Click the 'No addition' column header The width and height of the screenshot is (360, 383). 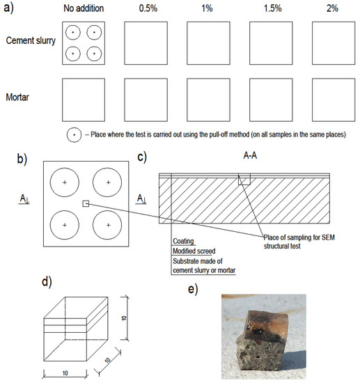point(84,8)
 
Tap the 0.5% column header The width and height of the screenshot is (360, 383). point(148,8)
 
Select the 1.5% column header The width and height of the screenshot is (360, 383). point(272,8)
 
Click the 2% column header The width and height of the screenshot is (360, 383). point(332,8)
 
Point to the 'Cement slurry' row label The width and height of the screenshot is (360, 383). point(31,40)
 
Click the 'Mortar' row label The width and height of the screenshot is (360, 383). point(17,97)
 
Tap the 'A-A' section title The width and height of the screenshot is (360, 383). point(250,155)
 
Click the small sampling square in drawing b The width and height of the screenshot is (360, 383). point(86,203)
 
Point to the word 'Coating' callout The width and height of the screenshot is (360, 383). point(183,241)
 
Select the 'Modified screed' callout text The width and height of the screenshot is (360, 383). point(194,251)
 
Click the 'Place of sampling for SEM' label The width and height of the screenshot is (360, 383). point(299,237)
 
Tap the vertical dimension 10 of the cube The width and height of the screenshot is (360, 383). point(125,318)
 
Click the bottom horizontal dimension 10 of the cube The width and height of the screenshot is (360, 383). point(65,373)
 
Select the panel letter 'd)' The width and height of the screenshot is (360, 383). point(47,281)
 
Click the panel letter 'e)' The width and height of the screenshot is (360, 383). point(193,290)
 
